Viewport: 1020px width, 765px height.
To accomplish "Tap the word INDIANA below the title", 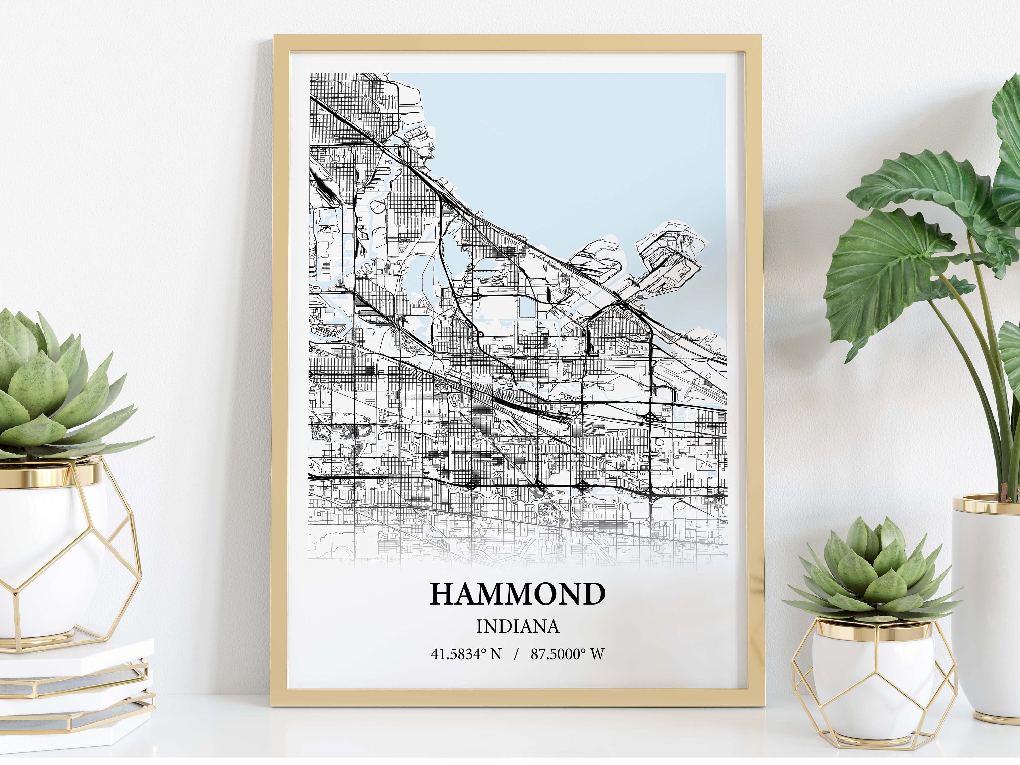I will (x=517, y=627).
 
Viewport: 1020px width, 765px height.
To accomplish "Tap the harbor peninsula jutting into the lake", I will (x=664, y=258).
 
